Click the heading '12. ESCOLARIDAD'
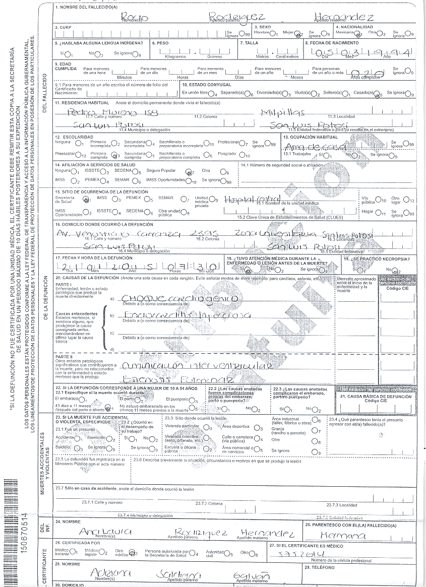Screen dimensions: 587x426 pyautogui.click(x=74, y=137)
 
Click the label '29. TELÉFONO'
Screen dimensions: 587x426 pyautogui.click(x=320, y=568)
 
